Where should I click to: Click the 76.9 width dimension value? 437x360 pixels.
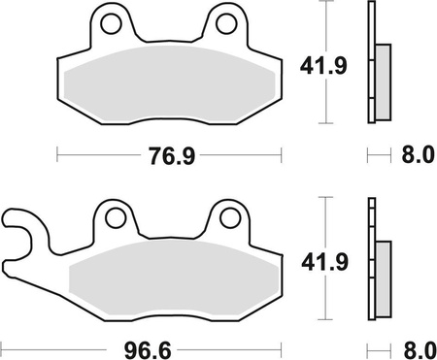click(169, 153)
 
